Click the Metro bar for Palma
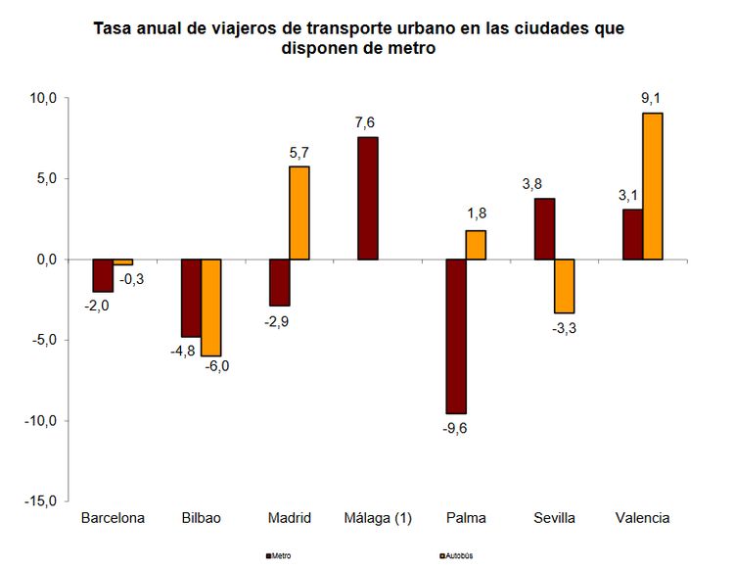pos(455,336)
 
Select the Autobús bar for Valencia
pos(653,186)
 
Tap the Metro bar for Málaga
pos(367,198)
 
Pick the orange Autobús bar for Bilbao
pos(210,308)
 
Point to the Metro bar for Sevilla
pos(544,228)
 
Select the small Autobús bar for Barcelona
pos(122,262)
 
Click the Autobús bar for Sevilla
pos(564,286)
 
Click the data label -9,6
pos(456,427)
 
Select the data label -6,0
pos(215,367)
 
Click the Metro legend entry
pos(279,555)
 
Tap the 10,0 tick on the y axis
pos(45,98)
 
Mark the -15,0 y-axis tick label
pos(42,500)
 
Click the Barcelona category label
pos(113,518)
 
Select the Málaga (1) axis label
pos(378,518)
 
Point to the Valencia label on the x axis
pos(642,518)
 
